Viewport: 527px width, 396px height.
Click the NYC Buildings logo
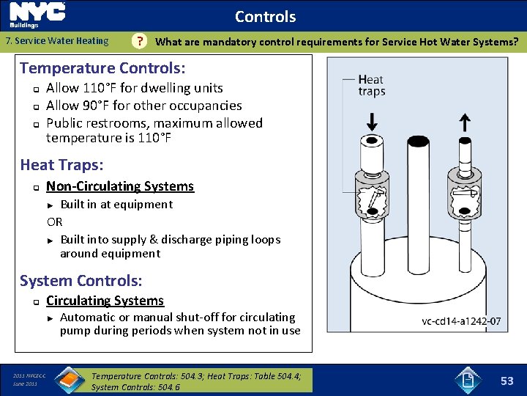pyautogui.click(x=37, y=15)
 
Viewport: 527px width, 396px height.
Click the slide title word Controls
pyautogui.click(x=265, y=16)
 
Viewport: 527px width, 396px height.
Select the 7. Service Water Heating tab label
pyautogui.click(x=57, y=41)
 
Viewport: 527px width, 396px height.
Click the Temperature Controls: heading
pyautogui.click(x=102, y=68)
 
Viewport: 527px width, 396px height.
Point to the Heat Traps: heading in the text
pyautogui.click(x=61, y=165)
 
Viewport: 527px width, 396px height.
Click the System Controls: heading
pyautogui.click(x=81, y=280)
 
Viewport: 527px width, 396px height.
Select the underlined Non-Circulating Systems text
pyautogui.click(x=120, y=186)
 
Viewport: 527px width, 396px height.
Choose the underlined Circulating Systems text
pyautogui.click(x=105, y=301)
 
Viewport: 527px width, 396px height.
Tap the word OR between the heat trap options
pyautogui.click(x=55, y=221)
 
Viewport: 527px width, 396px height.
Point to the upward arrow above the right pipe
pyautogui.click(x=464, y=121)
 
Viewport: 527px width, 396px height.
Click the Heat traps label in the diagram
pyautogui.click(x=372, y=85)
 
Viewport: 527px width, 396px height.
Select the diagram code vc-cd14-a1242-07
pyautogui.click(x=461, y=321)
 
